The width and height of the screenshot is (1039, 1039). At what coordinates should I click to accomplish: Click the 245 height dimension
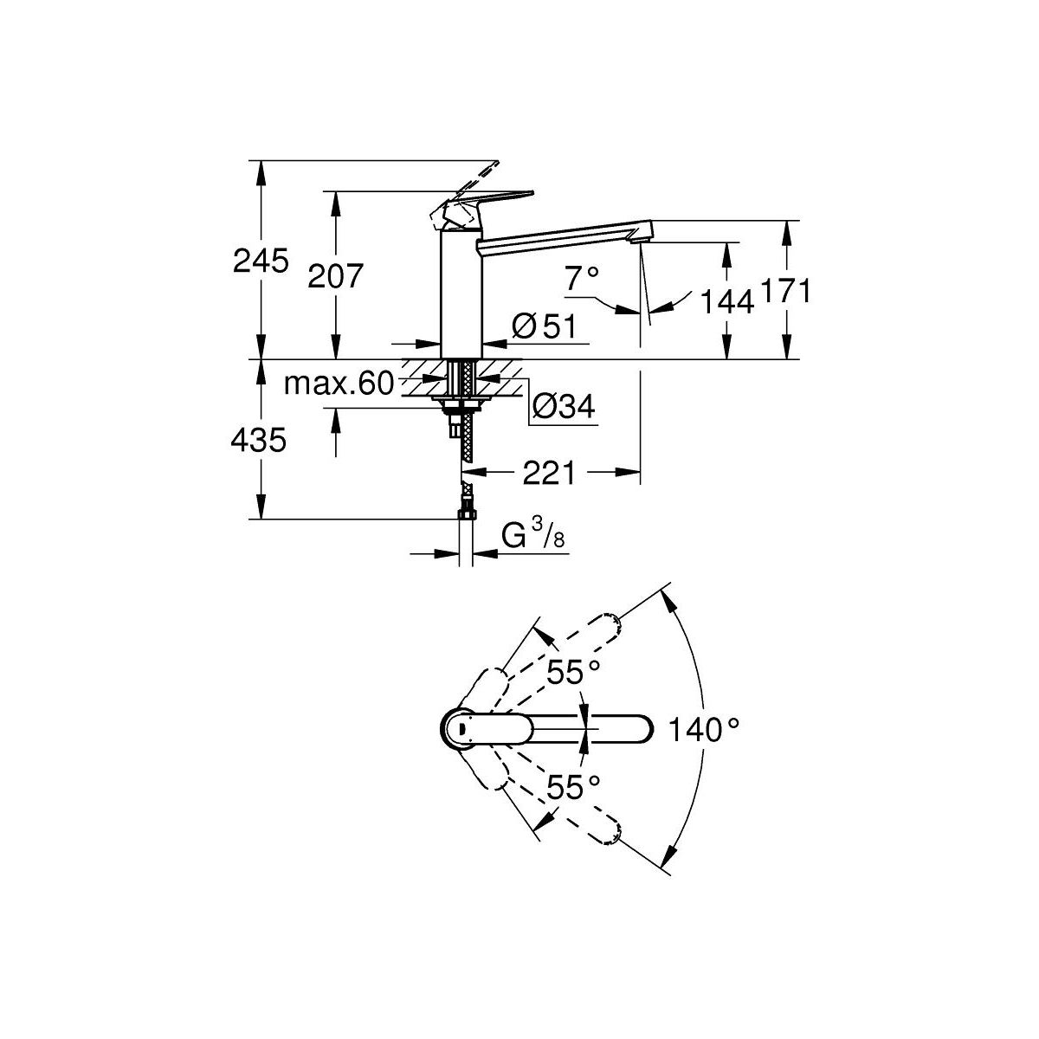point(261,261)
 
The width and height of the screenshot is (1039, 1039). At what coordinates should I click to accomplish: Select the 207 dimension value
point(335,276)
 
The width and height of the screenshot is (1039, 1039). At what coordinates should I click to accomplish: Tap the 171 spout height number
point(785,292)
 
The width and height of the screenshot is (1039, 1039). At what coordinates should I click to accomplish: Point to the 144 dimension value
point(726,301)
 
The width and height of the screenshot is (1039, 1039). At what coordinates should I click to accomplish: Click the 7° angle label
point(583,278)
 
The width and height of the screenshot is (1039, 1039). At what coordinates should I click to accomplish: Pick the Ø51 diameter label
point(544,326)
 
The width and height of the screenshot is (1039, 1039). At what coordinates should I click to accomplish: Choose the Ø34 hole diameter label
point(564,407)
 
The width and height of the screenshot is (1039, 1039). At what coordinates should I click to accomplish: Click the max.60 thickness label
point(339,384)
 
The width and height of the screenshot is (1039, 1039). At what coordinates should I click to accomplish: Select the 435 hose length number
point(258,442)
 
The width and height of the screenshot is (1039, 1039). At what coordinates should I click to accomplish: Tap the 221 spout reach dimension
point(550,473)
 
